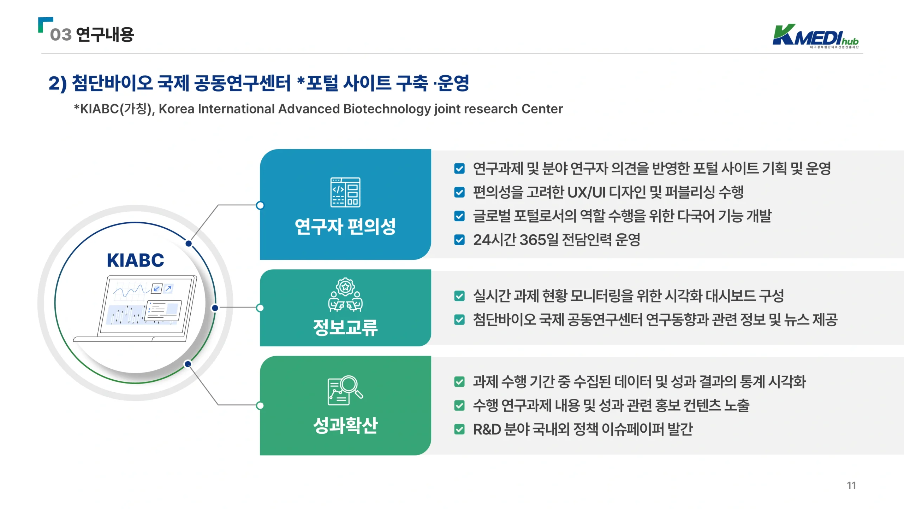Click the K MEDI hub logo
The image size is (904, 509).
(815, 36)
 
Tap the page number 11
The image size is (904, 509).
(851, 486)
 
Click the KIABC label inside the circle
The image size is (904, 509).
(136, 261)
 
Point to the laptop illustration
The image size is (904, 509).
(135, 309)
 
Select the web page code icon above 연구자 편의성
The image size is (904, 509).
(345, 192)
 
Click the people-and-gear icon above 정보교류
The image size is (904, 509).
(345, 295)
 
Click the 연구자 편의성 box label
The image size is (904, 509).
(345, 227)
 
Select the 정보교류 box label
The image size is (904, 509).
(345, 327)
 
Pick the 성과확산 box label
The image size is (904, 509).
(345, 425)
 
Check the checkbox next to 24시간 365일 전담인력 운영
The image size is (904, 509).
(459, 240)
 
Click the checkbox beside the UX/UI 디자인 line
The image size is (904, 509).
(459, 192)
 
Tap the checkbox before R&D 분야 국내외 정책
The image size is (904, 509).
(459, 429)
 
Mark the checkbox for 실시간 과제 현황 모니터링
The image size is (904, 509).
(459, 296)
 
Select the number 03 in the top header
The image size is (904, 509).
(61, 35)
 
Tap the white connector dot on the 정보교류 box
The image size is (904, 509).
(260, 308)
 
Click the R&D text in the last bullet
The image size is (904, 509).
(487, 429)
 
